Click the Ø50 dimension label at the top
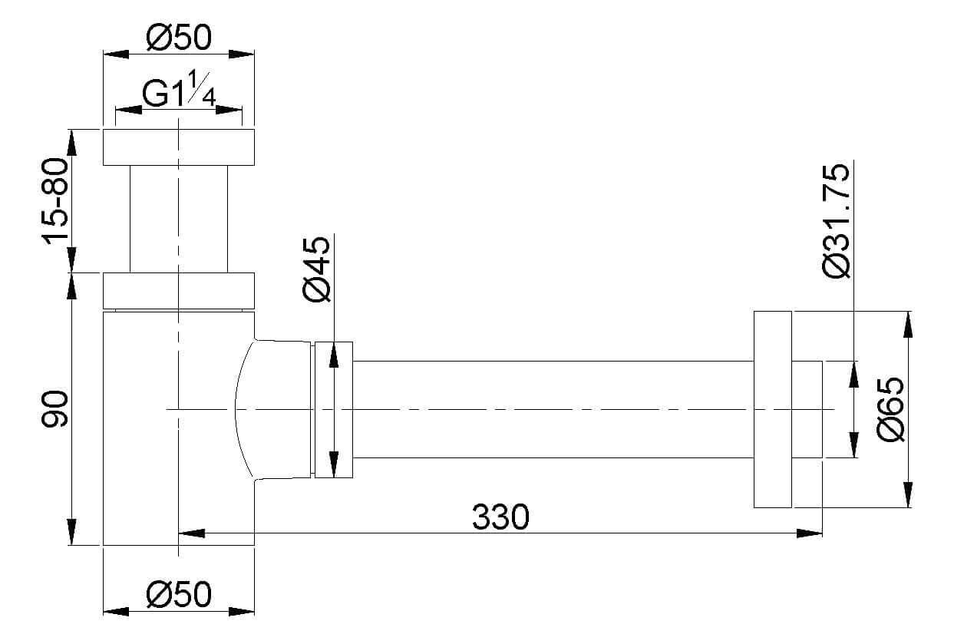coord(179,37)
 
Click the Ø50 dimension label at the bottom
coord(179,595)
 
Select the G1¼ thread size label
coord(179,90)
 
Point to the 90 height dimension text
coord(54,408)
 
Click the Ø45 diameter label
coord(317,269)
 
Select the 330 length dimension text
coord(500,517)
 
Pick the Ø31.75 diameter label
coord(836,220)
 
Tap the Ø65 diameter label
coord(890,409)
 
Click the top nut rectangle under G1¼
coord(179,147)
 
